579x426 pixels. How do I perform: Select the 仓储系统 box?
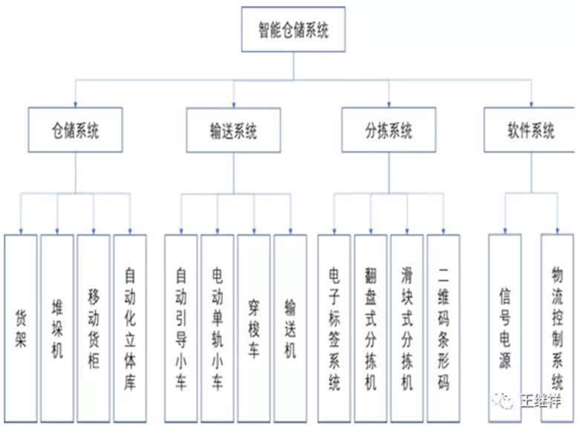(x=74, y=131)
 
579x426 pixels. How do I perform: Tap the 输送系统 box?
(x=233, y=131)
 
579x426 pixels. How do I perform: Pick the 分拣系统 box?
(x=388, y=131)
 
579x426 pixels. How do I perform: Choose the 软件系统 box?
(x=529, y=131)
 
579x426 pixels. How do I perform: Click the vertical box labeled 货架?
(x=21, y=328)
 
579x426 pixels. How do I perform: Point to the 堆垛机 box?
(x=57, y=328)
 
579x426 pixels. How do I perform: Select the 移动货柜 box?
(x=94, y=328)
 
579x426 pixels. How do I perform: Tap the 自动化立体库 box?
(x=130, y=328)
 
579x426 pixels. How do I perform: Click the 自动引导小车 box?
(x=181, y=328)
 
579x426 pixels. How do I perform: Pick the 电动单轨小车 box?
(x=217, y=328)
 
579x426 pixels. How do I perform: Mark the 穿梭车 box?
(x=254, y=328)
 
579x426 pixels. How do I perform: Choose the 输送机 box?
(x=290, y=328)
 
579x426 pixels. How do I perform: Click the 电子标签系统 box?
(x=334, y=328)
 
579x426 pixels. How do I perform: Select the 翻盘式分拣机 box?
(x=370, y=328)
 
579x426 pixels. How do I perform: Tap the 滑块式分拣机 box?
(x=407, y=328)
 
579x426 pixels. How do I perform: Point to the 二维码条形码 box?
(x=443, y=328)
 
